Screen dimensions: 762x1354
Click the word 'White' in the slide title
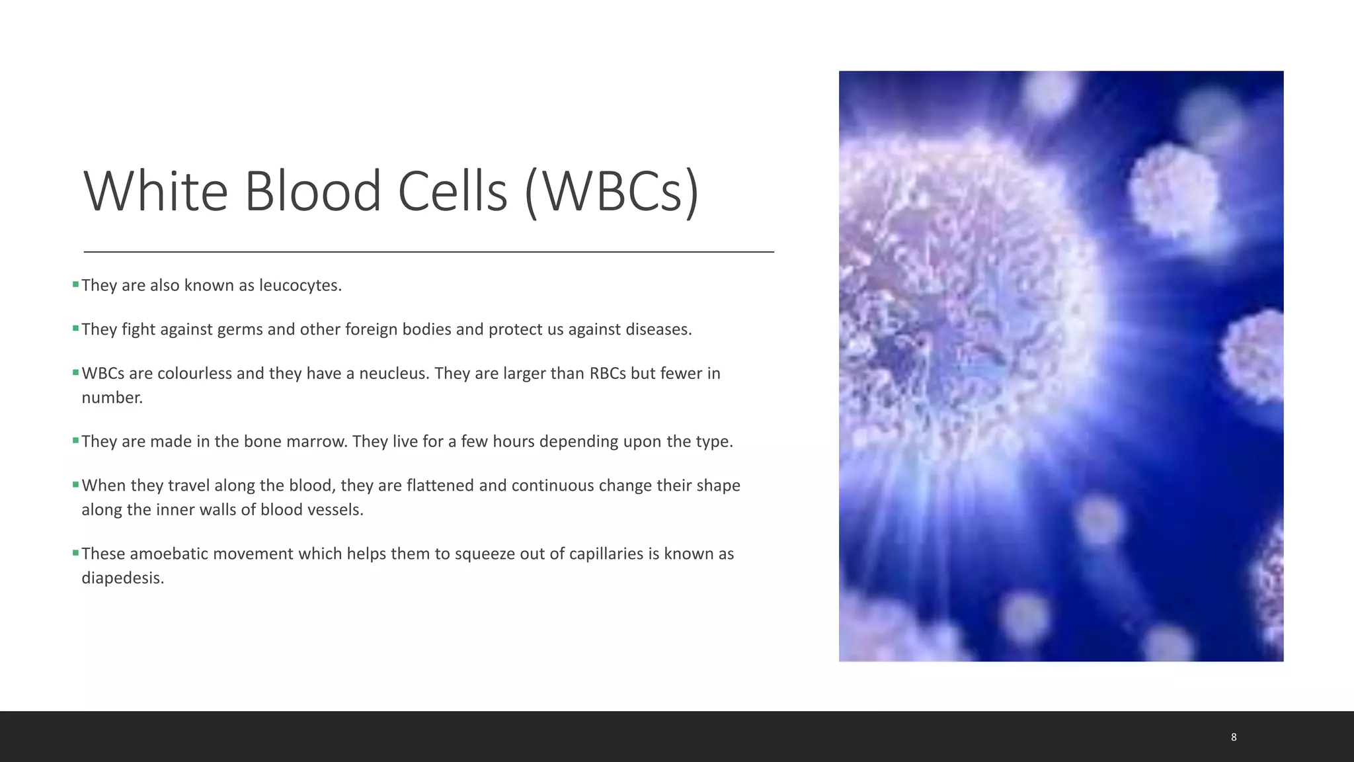point(156,192)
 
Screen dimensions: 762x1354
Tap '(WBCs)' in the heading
point(612,192)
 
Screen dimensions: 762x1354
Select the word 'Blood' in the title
point(313,192)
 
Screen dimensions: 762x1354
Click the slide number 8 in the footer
point(1234,737)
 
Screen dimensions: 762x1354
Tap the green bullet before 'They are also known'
point(75,284)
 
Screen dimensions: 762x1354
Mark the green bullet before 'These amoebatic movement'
point(75,552)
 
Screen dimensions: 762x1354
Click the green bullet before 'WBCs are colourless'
point(75,372)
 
